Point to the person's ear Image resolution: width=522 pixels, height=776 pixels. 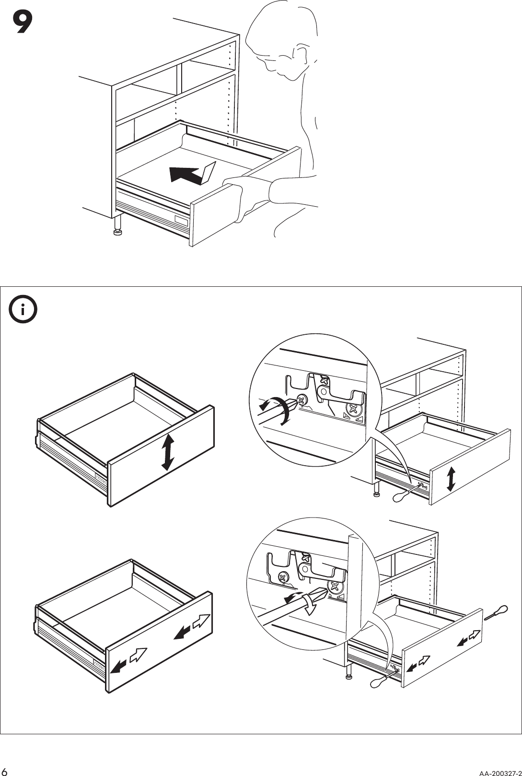click(302, 55)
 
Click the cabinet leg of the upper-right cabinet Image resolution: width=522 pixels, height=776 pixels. click(377, 489)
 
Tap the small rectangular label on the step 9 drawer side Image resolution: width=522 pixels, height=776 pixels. click(182, 221)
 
